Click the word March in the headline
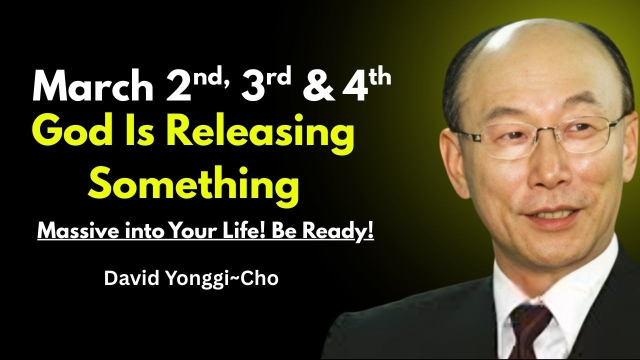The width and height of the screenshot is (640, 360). [x=92, y=87]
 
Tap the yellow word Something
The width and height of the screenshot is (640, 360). [x=193, y=183]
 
